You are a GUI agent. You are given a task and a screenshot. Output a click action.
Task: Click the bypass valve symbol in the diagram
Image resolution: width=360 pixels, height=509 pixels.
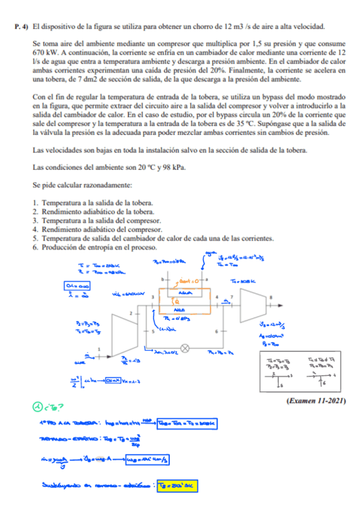185,347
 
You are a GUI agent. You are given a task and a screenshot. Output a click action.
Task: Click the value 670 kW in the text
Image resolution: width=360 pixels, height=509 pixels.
41,52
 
